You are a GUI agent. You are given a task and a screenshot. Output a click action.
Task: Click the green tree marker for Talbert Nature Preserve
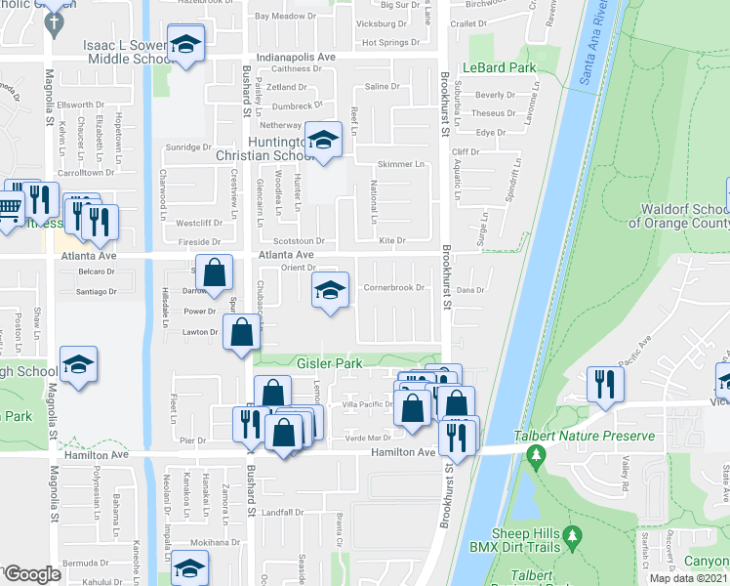535,455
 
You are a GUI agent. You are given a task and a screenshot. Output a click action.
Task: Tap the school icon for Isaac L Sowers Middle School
182,45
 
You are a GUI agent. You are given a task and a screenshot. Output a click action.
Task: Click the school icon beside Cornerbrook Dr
330,290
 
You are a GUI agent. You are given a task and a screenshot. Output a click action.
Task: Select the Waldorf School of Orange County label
683,216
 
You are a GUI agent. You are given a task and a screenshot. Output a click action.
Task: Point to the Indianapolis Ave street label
296,58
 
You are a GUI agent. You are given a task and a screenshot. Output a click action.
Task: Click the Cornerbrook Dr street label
394,288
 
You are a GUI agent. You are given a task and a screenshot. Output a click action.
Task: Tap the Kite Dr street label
391,239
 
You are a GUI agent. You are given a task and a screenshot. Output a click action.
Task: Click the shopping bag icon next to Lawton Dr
241,332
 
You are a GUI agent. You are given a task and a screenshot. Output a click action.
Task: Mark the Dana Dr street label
470,289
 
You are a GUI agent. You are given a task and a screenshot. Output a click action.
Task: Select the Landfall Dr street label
284,512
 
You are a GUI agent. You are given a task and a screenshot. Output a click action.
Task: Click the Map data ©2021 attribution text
688,578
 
